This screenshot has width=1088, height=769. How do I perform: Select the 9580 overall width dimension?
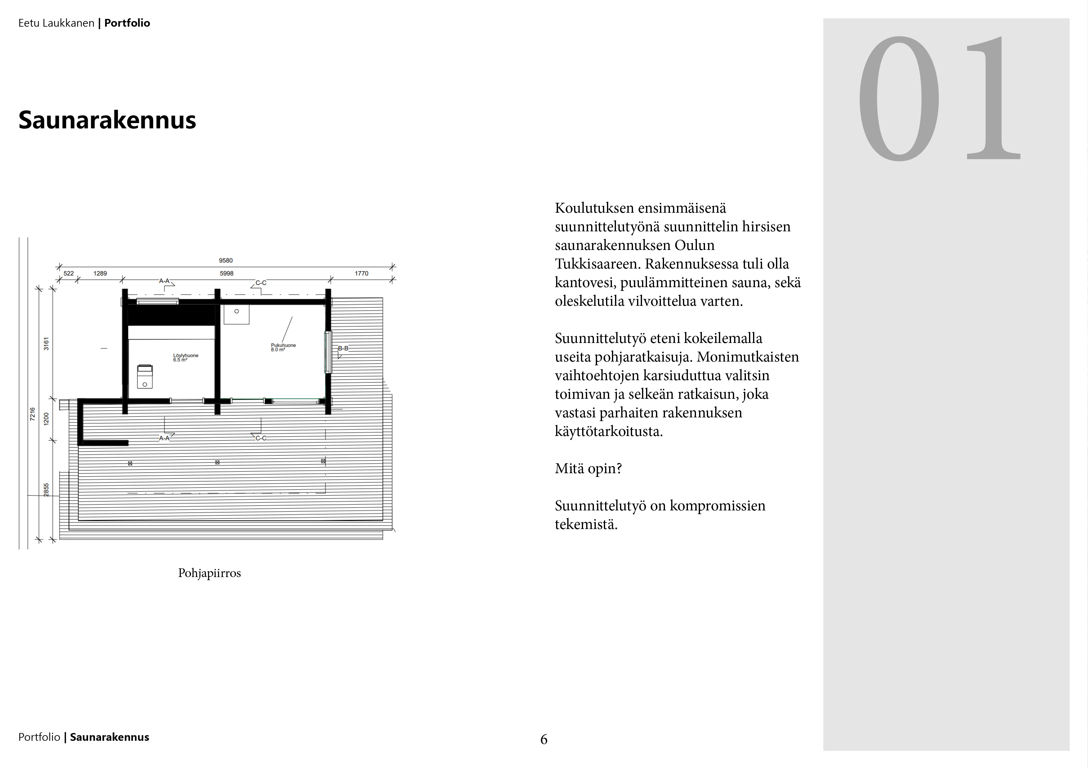coord(225,260)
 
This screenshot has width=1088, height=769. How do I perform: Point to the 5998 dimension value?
coord(226,273)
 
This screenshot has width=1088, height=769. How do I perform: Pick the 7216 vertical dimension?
coord(32,414)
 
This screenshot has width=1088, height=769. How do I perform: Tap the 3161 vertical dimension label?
coord(46,344)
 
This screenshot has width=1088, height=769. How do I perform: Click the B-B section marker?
coord(343,348)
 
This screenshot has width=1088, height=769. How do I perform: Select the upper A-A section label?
coord(164,281)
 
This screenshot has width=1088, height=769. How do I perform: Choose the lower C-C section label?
coord(261,438)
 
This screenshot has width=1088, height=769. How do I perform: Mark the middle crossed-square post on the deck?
coord(217,462)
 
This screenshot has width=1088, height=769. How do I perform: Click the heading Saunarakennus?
coord(107,120)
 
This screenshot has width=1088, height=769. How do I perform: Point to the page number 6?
coord(543,739)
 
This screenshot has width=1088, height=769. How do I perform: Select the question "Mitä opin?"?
coord(588,469)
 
